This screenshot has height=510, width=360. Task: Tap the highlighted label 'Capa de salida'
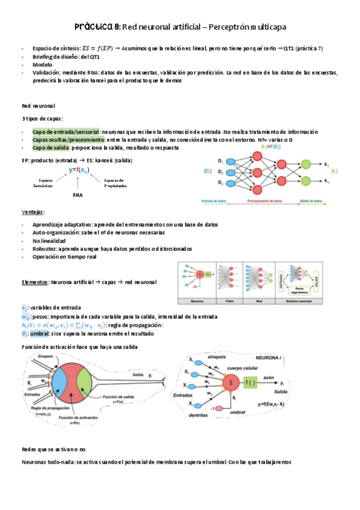click(50, 147)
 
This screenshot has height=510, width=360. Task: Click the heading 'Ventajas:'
click(34, 212)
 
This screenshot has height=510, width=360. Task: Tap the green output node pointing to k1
click(307, 164)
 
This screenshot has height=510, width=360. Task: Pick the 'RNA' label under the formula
click(77, 195)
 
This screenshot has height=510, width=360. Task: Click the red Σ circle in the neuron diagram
click(228, 382)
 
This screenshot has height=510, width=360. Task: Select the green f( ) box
click(251, 382)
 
